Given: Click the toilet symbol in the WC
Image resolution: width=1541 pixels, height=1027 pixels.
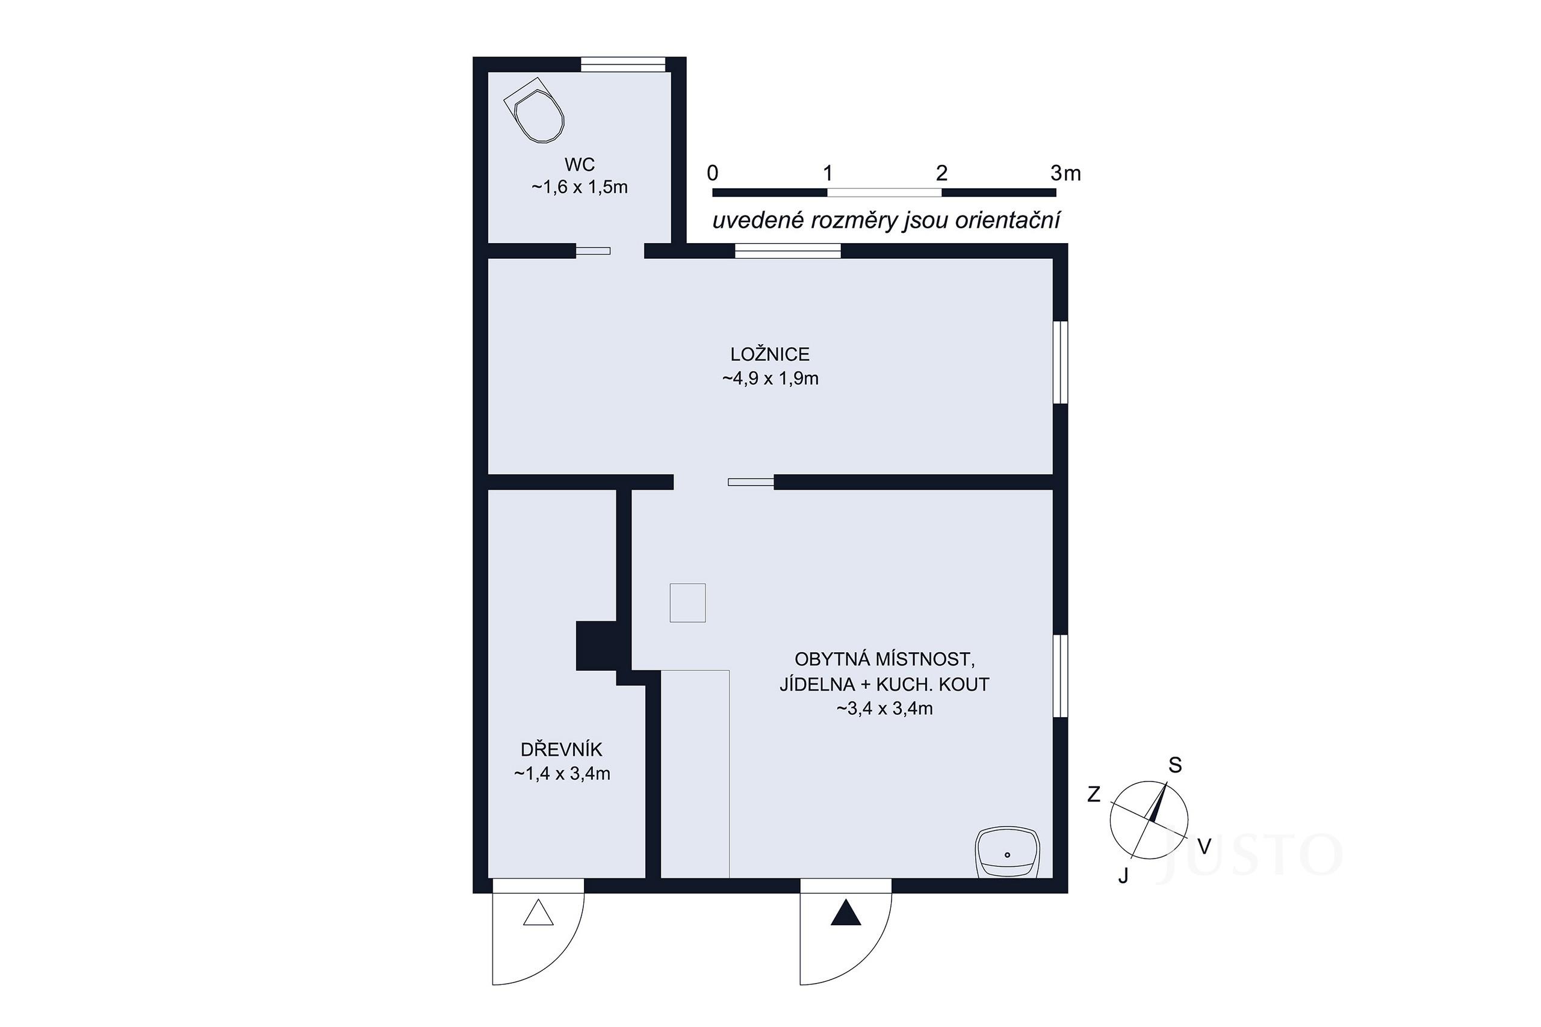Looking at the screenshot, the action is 534,111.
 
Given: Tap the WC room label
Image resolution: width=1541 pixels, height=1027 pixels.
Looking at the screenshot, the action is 580,164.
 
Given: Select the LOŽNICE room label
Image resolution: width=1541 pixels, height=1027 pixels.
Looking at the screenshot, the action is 770,354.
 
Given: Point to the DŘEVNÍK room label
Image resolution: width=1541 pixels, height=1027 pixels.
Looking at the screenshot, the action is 562,748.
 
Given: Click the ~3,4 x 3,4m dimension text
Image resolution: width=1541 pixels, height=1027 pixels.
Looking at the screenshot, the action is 884,708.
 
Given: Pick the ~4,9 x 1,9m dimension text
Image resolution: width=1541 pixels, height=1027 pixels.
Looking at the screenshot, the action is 770,378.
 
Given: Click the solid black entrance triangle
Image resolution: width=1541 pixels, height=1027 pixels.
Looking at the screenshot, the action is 846,912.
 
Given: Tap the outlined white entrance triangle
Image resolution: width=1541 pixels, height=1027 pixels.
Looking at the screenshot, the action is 539,912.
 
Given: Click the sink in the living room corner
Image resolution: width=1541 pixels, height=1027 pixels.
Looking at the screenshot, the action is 1007,853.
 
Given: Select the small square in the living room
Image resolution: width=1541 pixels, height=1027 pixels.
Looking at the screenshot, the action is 687,603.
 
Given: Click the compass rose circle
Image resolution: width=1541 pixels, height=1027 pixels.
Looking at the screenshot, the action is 1149,820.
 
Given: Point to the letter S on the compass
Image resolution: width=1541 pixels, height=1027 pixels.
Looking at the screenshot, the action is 1176,765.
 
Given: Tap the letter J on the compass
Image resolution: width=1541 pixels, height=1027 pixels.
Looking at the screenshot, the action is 1123,876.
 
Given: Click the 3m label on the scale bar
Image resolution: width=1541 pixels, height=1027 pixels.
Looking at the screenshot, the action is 1065,173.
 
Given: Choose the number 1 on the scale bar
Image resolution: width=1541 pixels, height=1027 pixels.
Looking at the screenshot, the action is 828,173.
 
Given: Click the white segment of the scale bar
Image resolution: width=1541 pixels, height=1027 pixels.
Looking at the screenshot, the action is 884,193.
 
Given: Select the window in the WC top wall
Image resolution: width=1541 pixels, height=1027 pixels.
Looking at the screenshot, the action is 623,64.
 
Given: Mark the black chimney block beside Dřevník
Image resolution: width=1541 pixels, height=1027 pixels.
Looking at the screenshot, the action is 596,646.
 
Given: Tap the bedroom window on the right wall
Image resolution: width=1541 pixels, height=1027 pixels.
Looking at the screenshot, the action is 1060,362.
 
